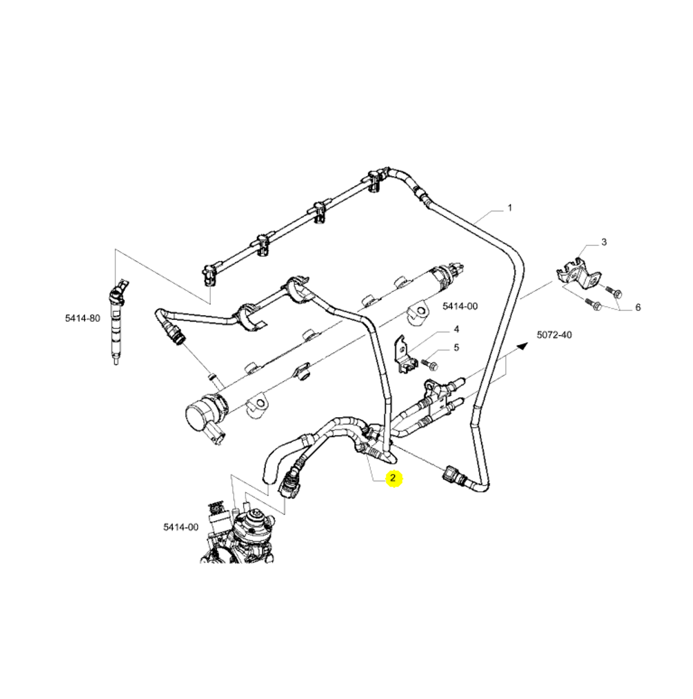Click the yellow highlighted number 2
393,478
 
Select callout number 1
510,208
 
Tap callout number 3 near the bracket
603,242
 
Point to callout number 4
456,329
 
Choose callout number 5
456,347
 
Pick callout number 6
638,307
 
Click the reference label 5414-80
83,318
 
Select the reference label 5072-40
554,335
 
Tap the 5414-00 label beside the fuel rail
460,306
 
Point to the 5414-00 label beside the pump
181,527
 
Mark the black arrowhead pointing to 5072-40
523,345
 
